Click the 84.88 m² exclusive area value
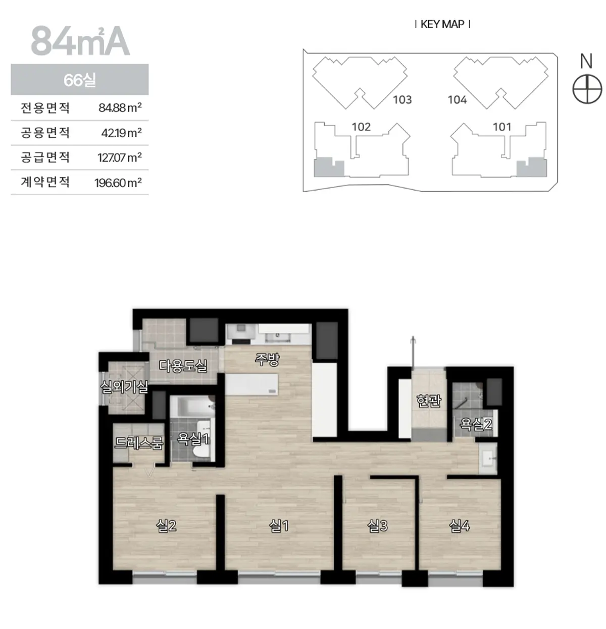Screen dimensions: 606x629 click(x=120, y=107)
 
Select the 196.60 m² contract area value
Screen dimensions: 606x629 click(x=118, y=183)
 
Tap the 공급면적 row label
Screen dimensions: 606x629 click(x=45, y=157)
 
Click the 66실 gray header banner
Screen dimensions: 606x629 click(x=80, y=80)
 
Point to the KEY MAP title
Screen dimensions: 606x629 click(x=442, y=24)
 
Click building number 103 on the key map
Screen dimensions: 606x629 click(x=402, y=99)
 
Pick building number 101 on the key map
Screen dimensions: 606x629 click(x=502, y=127)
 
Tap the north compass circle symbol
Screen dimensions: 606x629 click(x=587, y=89)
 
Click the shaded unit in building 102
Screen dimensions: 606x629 click(x=328, y=167)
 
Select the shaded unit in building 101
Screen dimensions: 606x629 click(x=532, y=167)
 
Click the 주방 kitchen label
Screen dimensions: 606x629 click(x=267, y=360)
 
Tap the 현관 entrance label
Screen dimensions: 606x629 click(x=429, y=401)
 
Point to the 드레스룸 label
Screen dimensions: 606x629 click(x=139, y=443)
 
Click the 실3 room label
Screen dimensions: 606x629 click(x=377, y=526)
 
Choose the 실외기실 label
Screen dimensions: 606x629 click(x=124, y=386)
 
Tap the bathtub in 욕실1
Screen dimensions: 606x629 click(x=192, y=406)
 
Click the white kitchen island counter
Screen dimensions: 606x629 click(x=251, y=384)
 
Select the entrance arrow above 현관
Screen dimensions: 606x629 click(x=413, y=352)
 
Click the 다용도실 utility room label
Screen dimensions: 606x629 click(x=183, y=366)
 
